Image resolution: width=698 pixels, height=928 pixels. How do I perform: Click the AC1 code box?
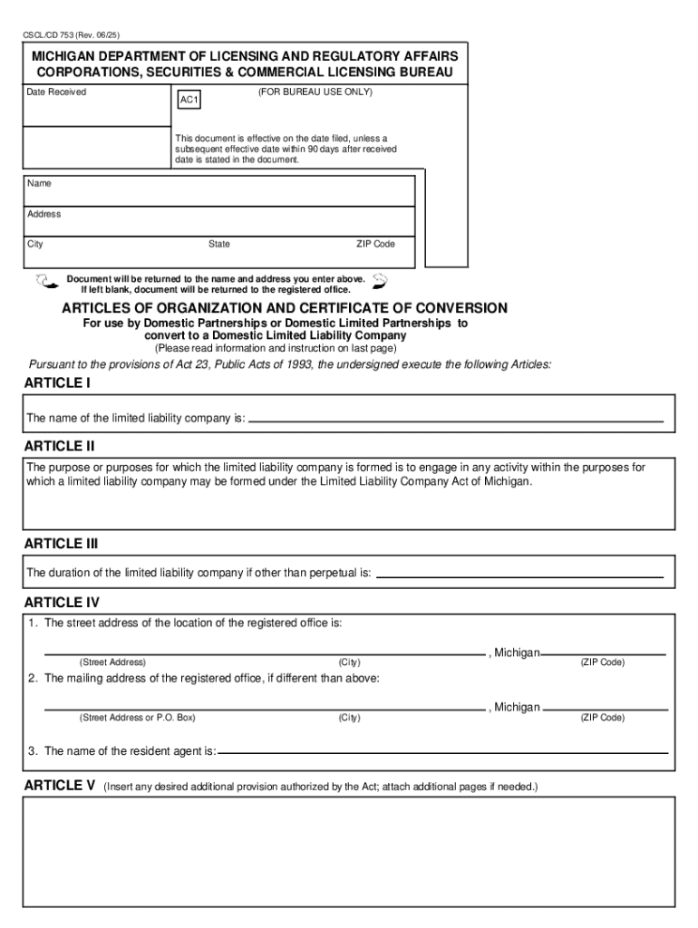[189, 101]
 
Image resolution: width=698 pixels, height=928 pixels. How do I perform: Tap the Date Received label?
[56, 92]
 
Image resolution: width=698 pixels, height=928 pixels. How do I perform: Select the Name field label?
[39, 184]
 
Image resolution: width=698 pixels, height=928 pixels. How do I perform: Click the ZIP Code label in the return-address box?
[375, 245]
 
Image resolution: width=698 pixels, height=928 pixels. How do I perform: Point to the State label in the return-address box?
[219, 245]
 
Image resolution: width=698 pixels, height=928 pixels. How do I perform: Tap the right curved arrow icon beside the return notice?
[380, 280]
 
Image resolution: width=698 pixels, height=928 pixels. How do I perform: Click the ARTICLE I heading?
[56, 383]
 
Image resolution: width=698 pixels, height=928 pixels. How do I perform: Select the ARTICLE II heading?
[59, 447]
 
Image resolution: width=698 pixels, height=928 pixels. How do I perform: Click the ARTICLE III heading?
[61, 544]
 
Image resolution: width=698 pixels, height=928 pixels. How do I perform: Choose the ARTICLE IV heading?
[61, 603]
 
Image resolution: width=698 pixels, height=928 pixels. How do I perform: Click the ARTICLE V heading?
[59, 786]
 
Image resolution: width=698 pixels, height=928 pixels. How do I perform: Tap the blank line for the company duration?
[519, 575]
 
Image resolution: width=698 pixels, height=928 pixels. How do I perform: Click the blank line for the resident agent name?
[443, 753]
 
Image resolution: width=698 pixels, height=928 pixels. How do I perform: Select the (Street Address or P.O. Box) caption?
[137, 718]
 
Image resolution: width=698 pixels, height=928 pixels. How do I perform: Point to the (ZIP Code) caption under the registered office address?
[602, 662]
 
